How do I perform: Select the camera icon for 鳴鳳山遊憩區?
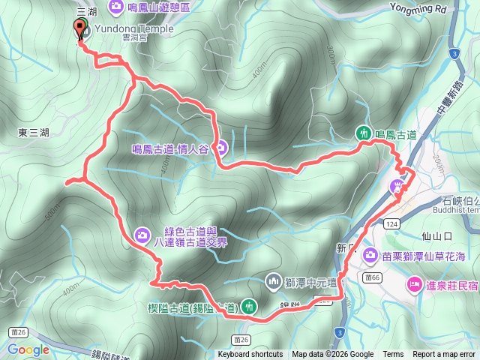(116, 7)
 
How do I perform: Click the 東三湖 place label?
(34, 133)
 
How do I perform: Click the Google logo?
(28, 349)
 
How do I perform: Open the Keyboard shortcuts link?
(250, 355)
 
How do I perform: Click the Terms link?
(393, 355)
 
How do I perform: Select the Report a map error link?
(445, 355)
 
